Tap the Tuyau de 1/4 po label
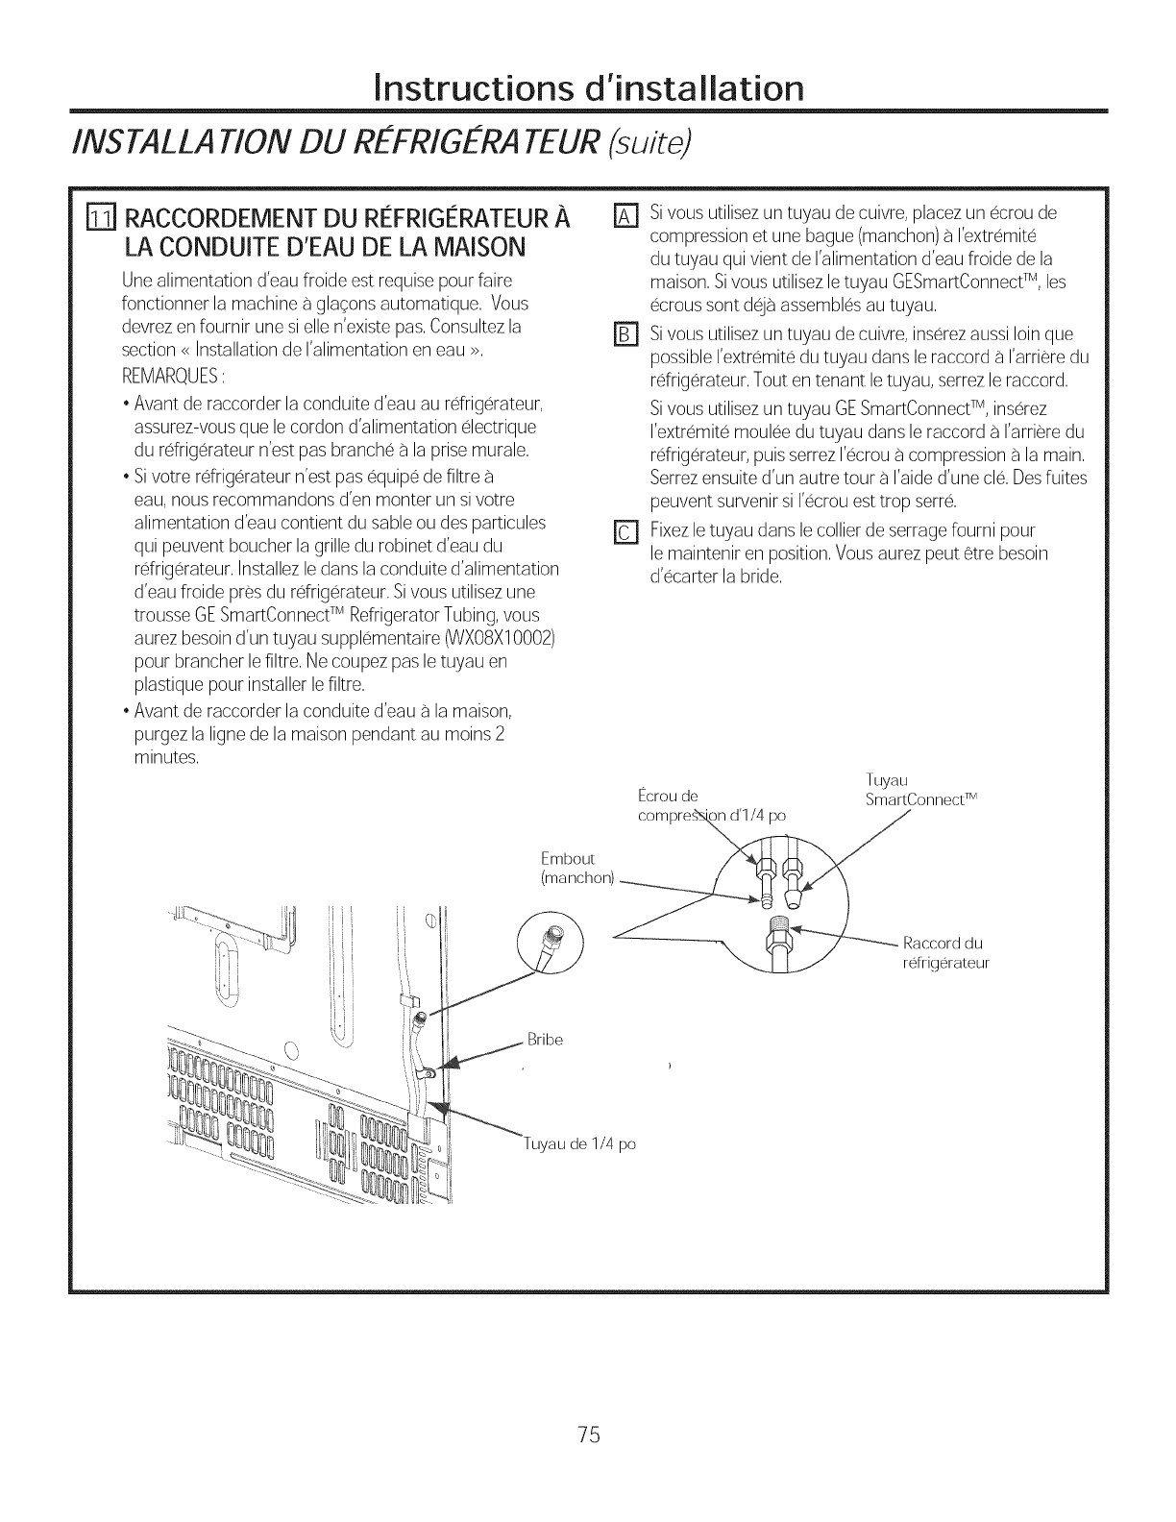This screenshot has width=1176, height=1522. pyautogui.click(x=578, y=1143)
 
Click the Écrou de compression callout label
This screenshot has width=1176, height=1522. pyautogui.click(x=697, y=805)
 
